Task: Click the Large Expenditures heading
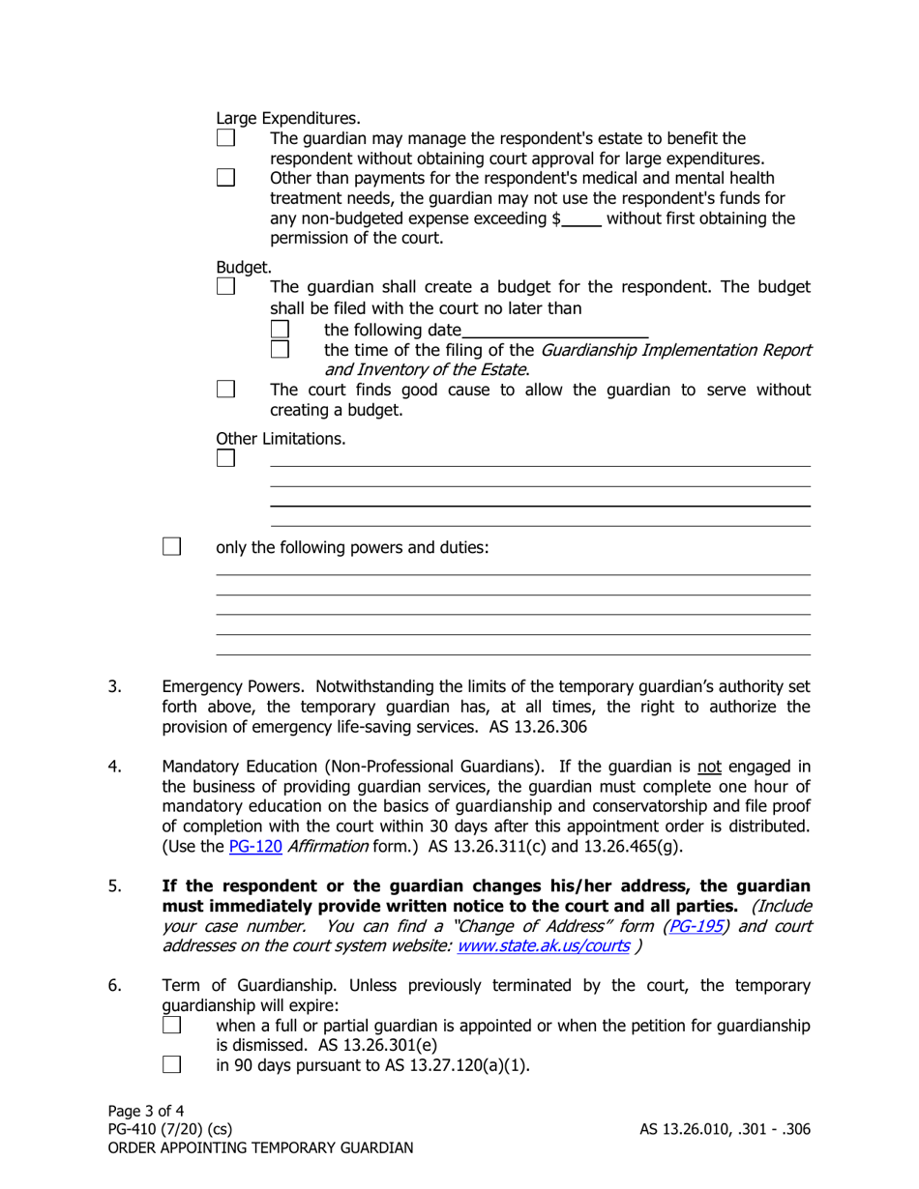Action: tap(288, 120)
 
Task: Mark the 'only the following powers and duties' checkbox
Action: tap(170, 548)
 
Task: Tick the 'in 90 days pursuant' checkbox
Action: tap(170, 1065)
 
